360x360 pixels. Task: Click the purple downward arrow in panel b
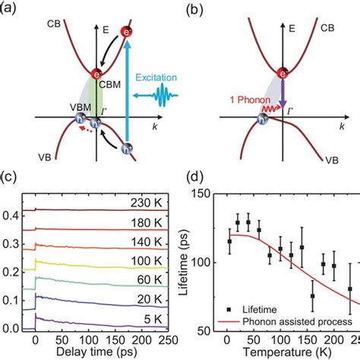tap(282, 94)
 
